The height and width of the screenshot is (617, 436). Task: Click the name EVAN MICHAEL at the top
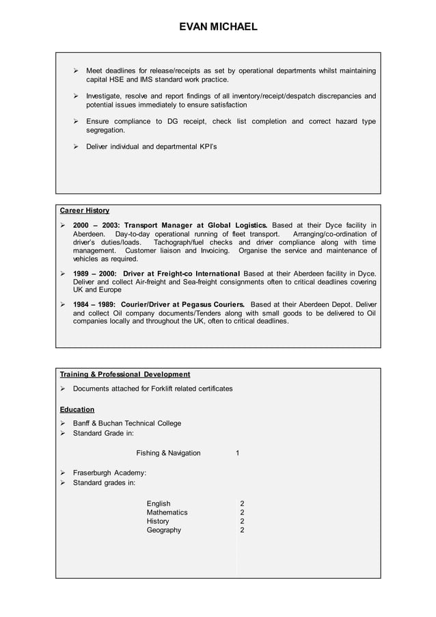pos(218,27)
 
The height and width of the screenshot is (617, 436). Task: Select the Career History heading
pos(85,210)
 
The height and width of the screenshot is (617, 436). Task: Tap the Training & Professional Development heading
pos(125,374)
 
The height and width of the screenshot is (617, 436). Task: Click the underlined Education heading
pos(77,409)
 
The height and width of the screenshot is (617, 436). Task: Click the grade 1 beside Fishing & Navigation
pos(237,453)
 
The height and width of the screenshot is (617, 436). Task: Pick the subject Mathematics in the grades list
pos(167,512)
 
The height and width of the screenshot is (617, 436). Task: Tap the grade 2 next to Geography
pos(242,530)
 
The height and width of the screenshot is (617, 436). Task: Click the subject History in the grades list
pos(158,521)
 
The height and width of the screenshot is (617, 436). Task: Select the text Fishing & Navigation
pos(168,453)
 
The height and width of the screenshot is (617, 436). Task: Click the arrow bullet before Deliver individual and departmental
pos(77,146)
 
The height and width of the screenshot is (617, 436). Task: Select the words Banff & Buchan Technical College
pos(127,423)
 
